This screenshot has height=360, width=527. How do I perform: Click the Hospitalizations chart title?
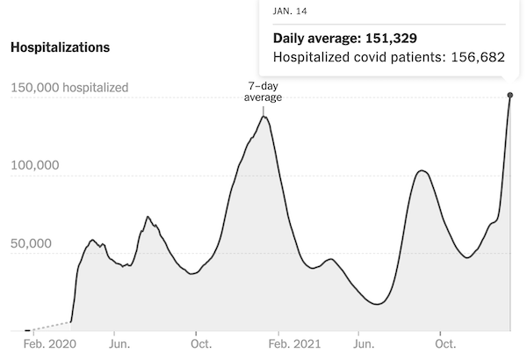tap(60, 47)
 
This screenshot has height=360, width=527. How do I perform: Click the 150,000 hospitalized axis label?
tap(69, 88)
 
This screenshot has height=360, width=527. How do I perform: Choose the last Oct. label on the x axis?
tap(445, 345)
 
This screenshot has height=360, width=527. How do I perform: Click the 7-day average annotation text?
tap(263, 91)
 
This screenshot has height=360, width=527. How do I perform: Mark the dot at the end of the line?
tap(509, 95)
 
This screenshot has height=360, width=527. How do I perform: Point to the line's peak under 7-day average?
tap(263, 117)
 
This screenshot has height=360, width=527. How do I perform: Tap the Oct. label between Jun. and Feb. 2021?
tap(199, 345)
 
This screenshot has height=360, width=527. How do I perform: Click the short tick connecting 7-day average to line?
tap(263, 109)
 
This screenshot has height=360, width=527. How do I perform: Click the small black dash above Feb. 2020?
tap(28, 330)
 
